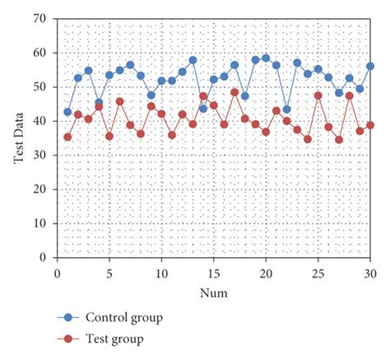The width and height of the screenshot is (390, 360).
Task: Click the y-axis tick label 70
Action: click(39, 18)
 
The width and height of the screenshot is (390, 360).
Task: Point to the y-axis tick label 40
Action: click(39, 120)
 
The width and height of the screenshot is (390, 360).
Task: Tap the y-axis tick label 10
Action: click(39, 223)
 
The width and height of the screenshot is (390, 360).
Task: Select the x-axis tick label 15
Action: click(213, 273)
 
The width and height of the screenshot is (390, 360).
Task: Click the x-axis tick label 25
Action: click(318, 273)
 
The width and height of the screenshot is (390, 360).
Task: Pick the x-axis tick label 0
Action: click(57, 273)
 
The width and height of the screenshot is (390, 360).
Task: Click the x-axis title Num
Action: click(213, 292)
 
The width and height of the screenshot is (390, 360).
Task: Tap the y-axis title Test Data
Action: click(17, 138)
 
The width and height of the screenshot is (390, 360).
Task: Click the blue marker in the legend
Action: click(69, 317)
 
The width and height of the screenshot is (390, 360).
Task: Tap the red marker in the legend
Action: click(69, 339)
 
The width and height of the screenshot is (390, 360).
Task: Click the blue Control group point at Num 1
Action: click(67, 112)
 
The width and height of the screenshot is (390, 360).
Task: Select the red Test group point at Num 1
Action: click(67, 137)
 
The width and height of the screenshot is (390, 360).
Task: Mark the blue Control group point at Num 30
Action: click(370, 66)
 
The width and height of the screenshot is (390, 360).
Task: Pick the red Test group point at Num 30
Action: click(370, 125)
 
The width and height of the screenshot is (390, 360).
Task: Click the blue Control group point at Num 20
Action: click(266, 58)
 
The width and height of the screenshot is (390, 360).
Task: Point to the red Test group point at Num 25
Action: click(318, 96)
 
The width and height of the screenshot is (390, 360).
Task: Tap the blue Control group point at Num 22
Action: click(286, 109)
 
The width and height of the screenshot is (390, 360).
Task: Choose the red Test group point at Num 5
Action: click(109, 136)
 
